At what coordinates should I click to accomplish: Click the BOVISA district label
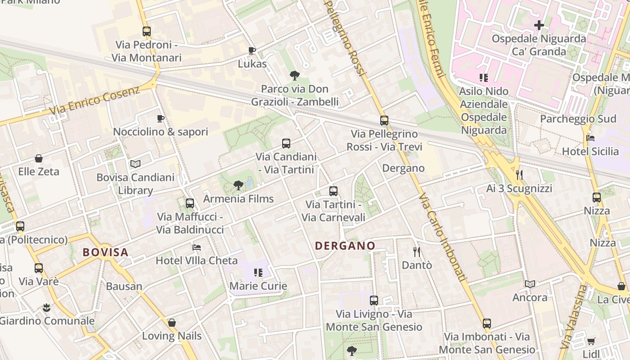[x=106, y=252]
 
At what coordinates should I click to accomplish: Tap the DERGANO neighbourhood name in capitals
[x=345, y=246]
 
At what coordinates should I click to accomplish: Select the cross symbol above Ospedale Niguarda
[x=539, y=25]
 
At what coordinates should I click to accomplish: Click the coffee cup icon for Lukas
[x=252, y=50]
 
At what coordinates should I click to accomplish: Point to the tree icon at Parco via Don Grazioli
[x=295, y=75]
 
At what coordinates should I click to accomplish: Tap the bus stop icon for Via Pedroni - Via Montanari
[x=147, y=31]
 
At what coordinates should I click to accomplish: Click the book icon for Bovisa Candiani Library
[x=135, y=164]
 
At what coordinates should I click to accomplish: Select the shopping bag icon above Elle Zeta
[x=39, y=158]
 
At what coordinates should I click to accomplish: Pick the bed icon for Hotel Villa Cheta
[x=197, y=247]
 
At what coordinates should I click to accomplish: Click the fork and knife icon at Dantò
[x=417, y=252]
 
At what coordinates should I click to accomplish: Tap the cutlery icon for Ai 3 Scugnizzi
[x=519, y=175]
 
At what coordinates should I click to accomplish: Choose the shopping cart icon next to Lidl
[x=591, y=341]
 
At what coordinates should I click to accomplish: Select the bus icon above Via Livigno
[x=374, y=300]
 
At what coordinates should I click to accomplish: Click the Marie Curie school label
[x=258, y=286]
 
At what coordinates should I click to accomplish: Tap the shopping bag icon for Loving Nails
[x=171, y=323]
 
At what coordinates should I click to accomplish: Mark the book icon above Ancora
[x=530, y=284]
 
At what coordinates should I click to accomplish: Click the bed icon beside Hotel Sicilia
[x=590, y=138]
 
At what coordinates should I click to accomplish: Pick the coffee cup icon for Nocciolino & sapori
[x=161, y=118]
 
